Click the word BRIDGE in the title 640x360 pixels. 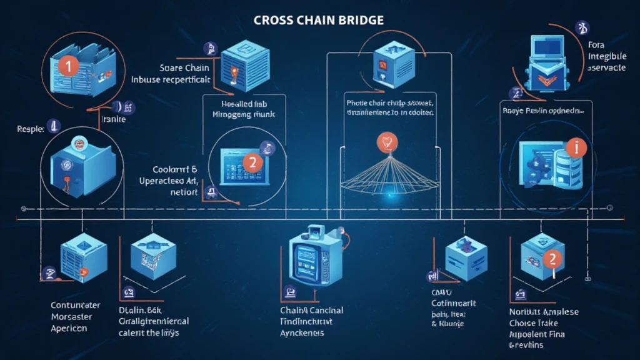tap(359, 20)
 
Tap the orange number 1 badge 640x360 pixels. tap(68, 66)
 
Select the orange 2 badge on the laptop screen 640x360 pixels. tap(252, 162)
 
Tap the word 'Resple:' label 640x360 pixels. tap(31, 129)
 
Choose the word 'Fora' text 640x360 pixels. tap(598, 45)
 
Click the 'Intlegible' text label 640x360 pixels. tap(607, 56)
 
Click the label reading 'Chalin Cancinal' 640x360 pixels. tap(311, 311)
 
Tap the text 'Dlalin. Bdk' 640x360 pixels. tap(141, 310)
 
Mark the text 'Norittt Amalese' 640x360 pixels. tap(544, 312)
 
